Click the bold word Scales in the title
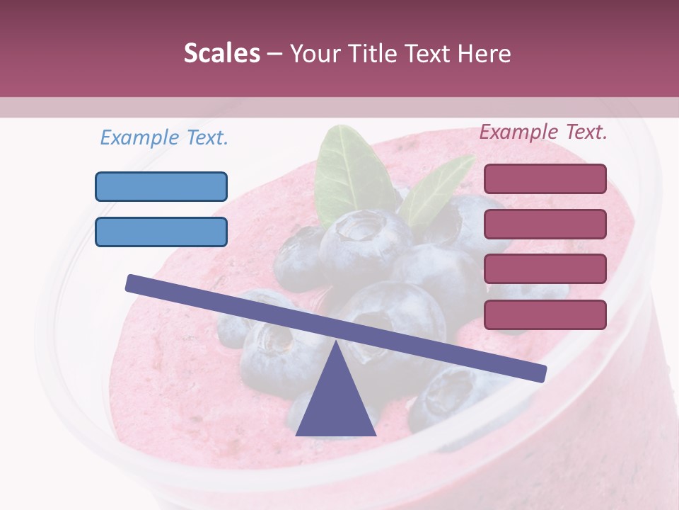pos(221,53)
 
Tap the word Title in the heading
pos(371,53)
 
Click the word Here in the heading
pos(483,53)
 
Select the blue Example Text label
pos(164,137)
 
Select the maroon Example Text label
pos(543,132)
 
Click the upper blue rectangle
pos(161,186)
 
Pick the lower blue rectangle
pos(161,232)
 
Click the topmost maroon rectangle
pos(545,178)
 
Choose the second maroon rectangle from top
pos(545,224)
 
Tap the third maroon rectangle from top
pos(545,268)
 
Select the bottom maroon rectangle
pos(545,314)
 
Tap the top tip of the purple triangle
pos(335,344)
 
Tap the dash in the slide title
pos(275,54)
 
